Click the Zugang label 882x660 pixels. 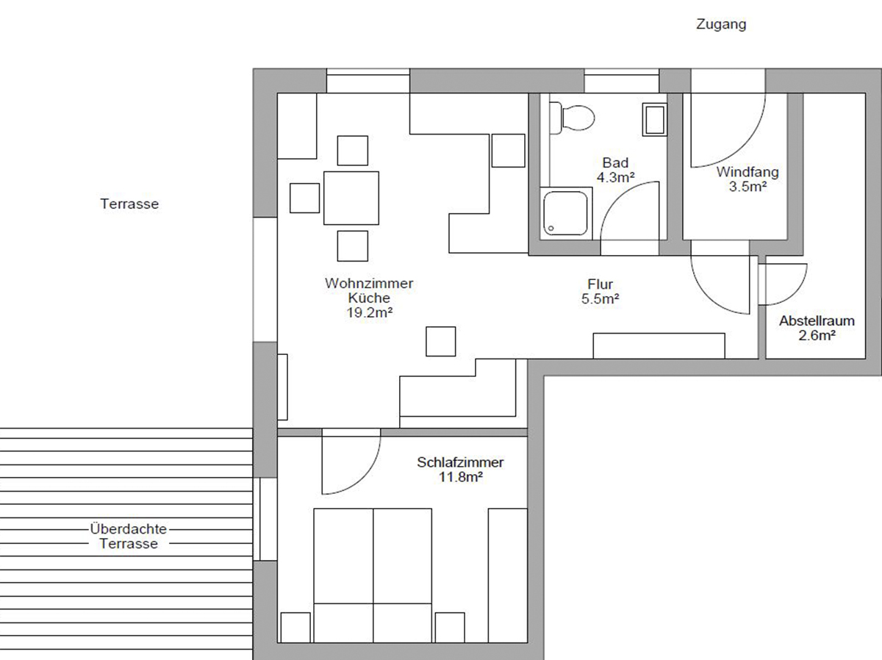coord(721,24)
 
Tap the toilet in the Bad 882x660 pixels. coord(572,118)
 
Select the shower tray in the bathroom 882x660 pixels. coord(566,213)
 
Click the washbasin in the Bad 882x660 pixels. coord(655,119)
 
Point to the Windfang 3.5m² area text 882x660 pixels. coord(747,187)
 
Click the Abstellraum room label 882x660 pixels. coord(817,321)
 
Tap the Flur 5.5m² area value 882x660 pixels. coord(600,299)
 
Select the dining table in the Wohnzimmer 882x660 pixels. coord(351,198)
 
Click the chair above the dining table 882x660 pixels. coord(352,151)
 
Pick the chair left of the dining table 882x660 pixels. coord(304,198)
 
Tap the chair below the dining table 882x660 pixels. coord(352,245)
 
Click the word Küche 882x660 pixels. coord(369,298)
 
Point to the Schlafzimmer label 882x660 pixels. coord(460,462)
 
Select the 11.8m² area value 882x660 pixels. coord(461,477)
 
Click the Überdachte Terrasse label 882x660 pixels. coord(129,537)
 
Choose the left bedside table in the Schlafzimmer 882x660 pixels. coord(295,627)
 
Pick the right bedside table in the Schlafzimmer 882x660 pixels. coord(450,627)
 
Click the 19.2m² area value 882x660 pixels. coord(369,312)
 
